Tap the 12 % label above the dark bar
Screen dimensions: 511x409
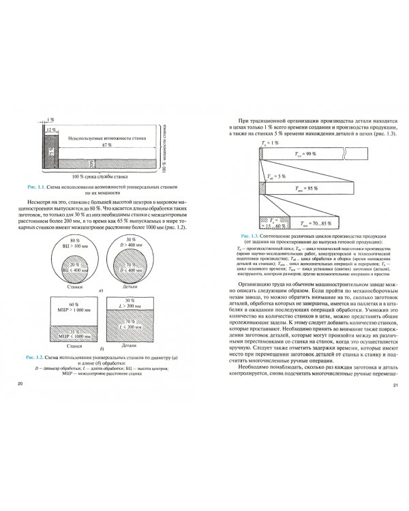(x=50, y=130)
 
